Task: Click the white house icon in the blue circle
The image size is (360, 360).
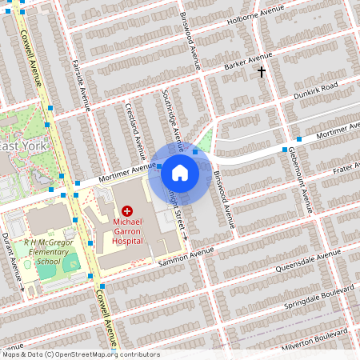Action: pos(180,172)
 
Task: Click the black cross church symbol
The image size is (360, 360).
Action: pos(261,72)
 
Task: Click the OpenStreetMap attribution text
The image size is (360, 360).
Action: pos(81,354)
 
